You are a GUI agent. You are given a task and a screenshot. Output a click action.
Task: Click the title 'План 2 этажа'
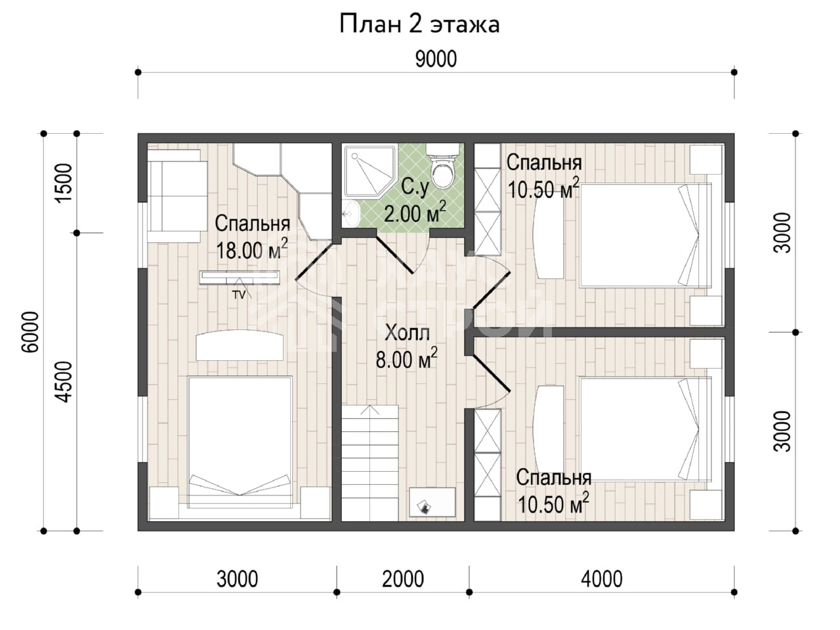[x=419, y=25]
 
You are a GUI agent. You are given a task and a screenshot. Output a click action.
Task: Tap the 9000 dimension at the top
[x=436, y=59]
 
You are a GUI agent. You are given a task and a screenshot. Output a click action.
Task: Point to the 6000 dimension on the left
[x=30, y=331]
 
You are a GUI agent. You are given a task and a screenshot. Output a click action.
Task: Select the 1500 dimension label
[x=64, y=183]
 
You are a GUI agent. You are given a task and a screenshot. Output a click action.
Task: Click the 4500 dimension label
[x=64, y=382]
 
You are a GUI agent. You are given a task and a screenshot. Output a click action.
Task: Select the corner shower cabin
[x=369, y=171]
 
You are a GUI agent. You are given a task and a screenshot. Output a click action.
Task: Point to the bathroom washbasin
[x=350, y=213]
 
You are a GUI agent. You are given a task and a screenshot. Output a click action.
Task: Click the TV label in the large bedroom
[x=239, y=295]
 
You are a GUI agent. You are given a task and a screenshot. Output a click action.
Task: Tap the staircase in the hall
[x=370, y=463]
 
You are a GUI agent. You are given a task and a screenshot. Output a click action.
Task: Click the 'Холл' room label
[x=407, y=333]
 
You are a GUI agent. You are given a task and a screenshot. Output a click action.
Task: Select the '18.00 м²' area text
[x=252, y=249]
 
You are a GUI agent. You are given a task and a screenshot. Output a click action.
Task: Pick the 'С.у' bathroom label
[x=415, y=188]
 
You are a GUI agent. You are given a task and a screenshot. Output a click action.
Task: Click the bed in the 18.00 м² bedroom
[x=240, y=442]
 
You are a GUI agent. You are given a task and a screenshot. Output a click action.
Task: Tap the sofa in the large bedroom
[x=177, y=196]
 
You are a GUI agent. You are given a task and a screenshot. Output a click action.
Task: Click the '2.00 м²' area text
[x=415, y=213]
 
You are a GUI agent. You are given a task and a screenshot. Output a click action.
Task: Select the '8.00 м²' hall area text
[x=406, y=358]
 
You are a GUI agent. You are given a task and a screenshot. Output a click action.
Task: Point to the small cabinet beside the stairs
[x=432, y=502]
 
